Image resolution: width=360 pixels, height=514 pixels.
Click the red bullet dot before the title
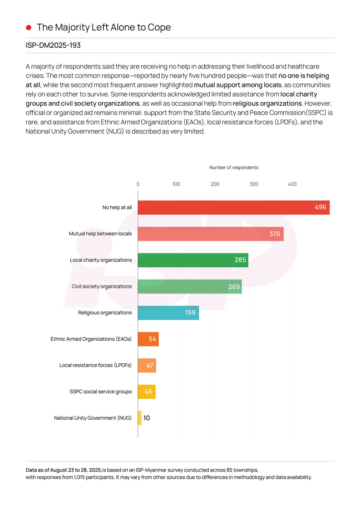point(29,28)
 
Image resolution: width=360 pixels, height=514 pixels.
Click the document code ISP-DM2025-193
point(53,45)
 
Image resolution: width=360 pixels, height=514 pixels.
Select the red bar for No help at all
point(234,207)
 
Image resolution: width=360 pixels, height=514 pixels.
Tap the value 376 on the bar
point(274,234)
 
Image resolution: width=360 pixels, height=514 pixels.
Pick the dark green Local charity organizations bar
point(193,260)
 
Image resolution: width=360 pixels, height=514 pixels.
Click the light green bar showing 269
point(189,286)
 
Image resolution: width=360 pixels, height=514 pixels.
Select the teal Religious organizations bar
point(168,313)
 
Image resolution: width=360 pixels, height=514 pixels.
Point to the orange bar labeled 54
point(148,339)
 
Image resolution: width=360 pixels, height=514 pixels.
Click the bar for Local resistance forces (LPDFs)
point(147,365)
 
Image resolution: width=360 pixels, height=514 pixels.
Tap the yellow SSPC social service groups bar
point(147,391)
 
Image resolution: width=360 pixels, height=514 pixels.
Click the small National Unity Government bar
point(140,418)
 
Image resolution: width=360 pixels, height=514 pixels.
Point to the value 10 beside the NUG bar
point(147,418)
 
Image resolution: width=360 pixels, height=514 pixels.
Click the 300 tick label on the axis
point(254,184)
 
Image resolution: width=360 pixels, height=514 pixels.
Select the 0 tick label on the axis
point(138,184)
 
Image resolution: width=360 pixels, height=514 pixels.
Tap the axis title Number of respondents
point(234,168)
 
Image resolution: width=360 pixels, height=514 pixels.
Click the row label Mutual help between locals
point(100,234)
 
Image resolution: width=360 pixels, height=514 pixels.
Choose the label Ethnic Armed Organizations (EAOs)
point(91,339)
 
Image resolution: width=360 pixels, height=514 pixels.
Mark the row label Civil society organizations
point(102,286)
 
